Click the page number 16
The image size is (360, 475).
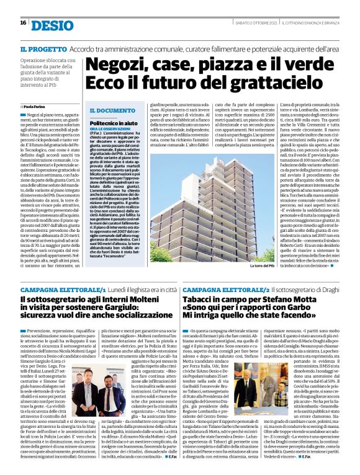[23, 24]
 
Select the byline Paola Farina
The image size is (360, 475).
[39, 107]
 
